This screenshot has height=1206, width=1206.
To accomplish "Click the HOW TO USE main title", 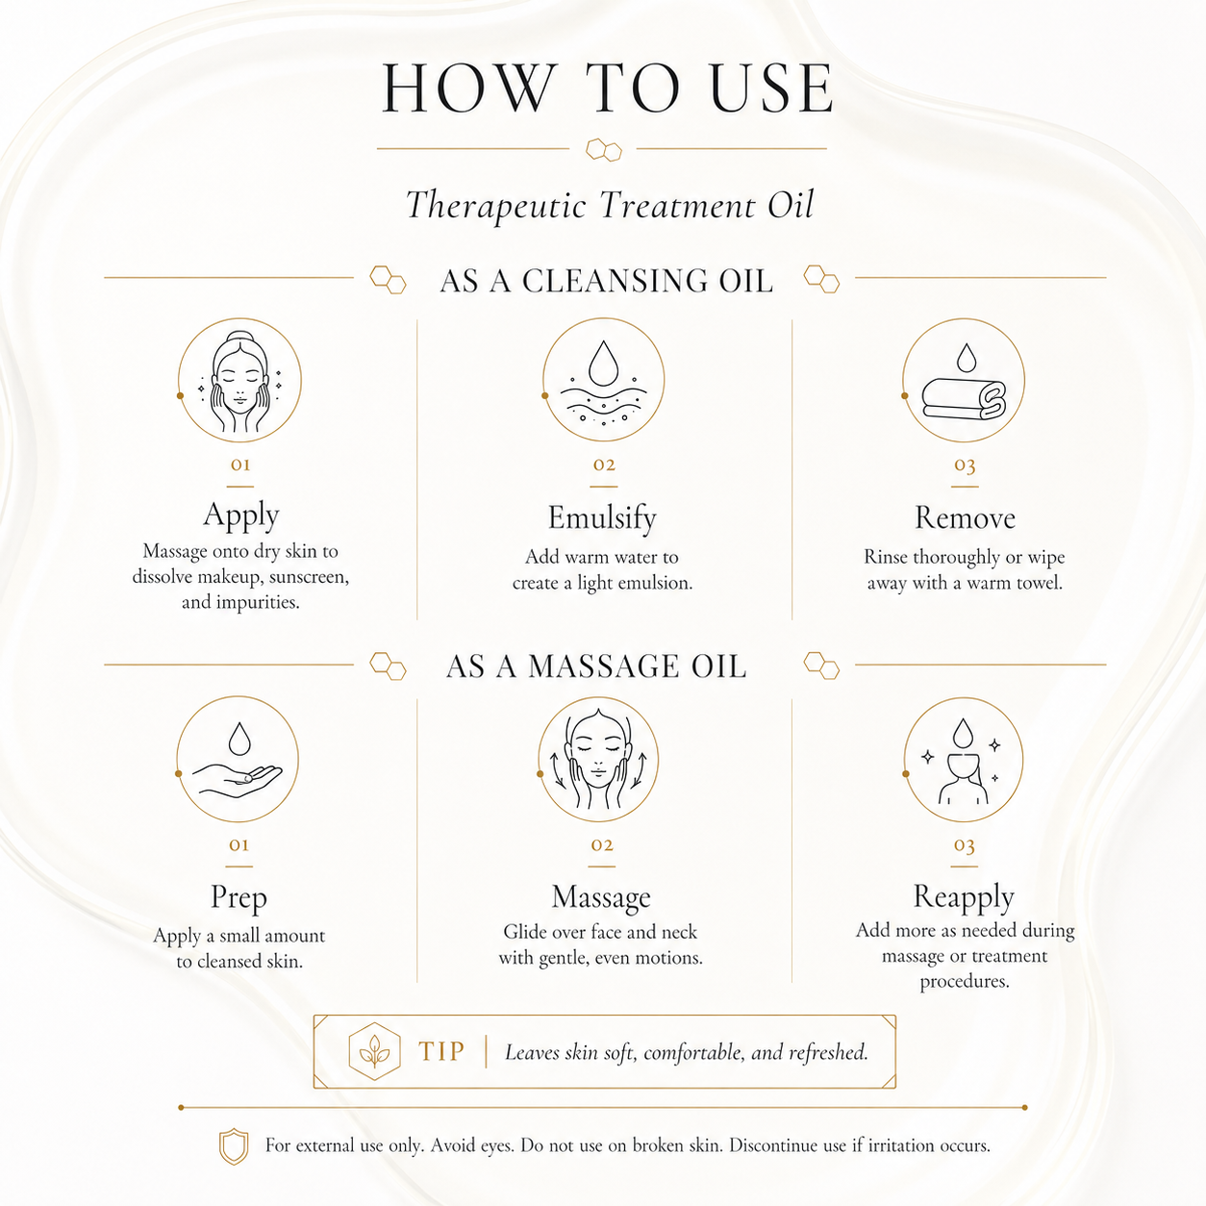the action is tap(607, 88).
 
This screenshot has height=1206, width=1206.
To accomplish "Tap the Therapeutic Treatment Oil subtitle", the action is tap(609, 205).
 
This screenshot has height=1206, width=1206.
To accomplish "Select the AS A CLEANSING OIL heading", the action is tap(606, 281).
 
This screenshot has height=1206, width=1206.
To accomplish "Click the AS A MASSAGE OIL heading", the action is tap(596, 666).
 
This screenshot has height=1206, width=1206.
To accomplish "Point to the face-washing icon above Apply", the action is tap(239, 380).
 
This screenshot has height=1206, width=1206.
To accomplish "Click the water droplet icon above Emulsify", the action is tap(603, 380).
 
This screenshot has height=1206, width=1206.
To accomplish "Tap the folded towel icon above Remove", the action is tap(964, 380).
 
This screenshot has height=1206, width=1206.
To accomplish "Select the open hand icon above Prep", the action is tap(238, 759).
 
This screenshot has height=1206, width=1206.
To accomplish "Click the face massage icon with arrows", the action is tap(598, 759).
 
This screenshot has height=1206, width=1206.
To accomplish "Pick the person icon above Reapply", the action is tap(964, 759).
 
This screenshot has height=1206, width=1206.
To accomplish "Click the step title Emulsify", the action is tap(602, 517).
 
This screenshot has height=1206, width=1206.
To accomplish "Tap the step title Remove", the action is tap(965, 517).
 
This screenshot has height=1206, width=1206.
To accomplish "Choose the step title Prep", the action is tap(239, 897).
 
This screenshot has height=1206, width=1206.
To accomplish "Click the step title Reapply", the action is tap(964, 897).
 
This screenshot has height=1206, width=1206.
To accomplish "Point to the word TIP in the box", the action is tap(441, 1051).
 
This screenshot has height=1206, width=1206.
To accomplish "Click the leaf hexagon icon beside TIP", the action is tap(374, 1051).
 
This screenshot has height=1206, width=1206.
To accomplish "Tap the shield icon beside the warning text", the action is tap(234, 1146).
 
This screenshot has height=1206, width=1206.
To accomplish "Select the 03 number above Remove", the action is tap(965, 465).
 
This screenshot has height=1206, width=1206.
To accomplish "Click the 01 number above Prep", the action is tap(239, 845).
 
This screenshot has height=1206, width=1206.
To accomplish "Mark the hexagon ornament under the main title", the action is tap(604, 150).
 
